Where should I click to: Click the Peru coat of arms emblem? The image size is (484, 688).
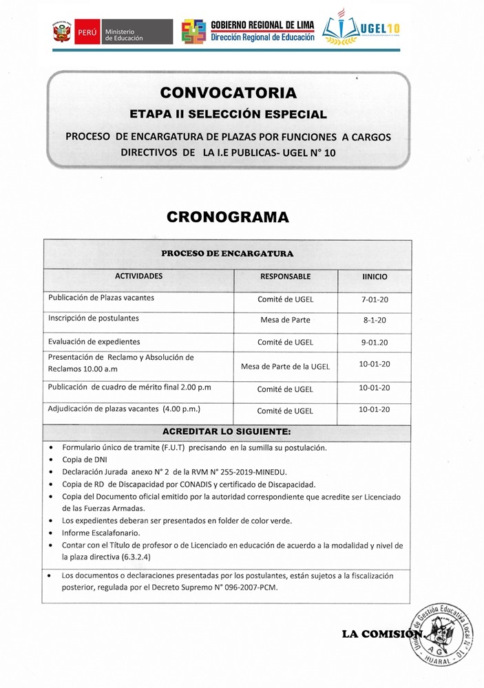click(x=60, y=32)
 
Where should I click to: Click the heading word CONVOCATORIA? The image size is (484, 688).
click(x=228, y=92)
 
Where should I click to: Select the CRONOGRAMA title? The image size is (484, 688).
click(x=227, y=217)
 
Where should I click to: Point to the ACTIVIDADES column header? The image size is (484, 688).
click(x=138, y=276)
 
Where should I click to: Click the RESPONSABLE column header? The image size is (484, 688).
click(x=285, y=277)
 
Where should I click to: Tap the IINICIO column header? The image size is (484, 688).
click(x=375, y=277)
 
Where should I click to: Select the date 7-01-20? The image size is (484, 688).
click(x=375, y=300)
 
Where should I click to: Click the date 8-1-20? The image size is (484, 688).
click(x=375, y=321)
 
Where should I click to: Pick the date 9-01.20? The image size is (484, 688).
click(x=375, y=342)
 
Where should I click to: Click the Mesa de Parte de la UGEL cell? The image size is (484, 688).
click(x=285, y=367)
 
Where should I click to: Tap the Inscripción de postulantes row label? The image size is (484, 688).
click(x=94, y=319)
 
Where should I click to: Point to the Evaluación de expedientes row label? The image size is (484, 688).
click(x=94, y=341)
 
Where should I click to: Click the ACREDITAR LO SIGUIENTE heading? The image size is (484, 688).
click(x=227, y=432)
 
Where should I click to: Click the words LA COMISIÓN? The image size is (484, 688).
click(x=381, y=634)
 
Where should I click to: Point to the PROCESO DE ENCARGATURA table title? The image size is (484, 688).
click(x=227, y=253)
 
